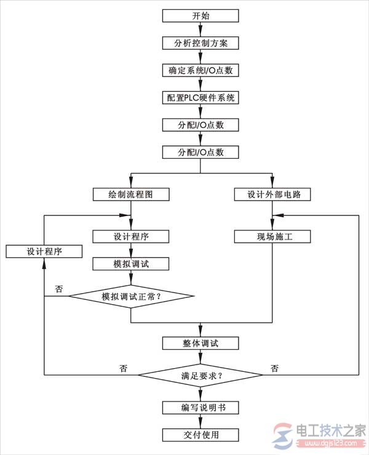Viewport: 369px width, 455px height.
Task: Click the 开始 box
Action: [x=200, y=15]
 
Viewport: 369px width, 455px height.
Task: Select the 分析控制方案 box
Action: [x=200, y=43]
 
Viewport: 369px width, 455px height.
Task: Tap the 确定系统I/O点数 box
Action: [x=200, y=70]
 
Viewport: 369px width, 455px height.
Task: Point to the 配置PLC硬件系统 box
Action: [x=200, y=97]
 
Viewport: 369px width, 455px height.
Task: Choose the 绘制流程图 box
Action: [x=131, y=194]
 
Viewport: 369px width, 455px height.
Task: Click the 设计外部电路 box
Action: [x=272, y=194]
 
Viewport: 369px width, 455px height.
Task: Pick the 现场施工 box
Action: [x=272, y=236]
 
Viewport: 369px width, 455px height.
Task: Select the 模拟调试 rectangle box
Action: [x=131, y=264]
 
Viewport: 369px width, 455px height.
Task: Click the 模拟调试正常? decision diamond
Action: [x=131, y=296]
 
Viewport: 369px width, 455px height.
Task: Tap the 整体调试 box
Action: [x=200, y=344]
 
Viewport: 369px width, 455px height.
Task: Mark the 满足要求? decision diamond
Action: [x=200, y=375]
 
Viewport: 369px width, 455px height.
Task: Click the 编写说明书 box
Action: [x=200, y=408]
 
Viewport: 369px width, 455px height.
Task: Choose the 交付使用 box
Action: [x=200, y=435]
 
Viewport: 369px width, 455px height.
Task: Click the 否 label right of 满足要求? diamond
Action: [x=274, y=368]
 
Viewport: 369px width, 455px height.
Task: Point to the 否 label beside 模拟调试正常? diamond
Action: [x=59, y=289]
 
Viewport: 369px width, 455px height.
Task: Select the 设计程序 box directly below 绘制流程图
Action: [x=131, y=236]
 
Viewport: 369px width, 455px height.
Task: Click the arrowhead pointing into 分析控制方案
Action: [x=200, y=32]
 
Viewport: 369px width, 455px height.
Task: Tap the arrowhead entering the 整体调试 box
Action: [x=200, y=332]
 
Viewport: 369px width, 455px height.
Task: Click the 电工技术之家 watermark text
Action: [x=331, y=430]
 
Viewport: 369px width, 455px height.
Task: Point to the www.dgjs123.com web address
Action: [x=330, y=443]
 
